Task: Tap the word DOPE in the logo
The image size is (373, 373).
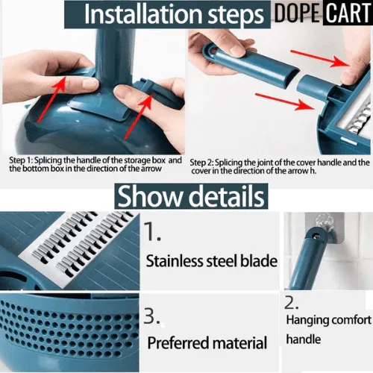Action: click(297, 13)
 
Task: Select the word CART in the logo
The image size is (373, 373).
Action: click(348, 13)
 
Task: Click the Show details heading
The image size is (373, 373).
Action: click(191, 196)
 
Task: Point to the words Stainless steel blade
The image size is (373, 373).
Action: click(212, 261)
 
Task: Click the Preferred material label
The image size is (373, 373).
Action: click(207, 343)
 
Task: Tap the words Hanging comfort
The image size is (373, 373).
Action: click(328, 320)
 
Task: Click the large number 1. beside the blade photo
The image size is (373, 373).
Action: click(152, 231)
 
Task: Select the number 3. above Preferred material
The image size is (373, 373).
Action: click(151, 316)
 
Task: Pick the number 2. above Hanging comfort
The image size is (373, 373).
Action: click(291, 303)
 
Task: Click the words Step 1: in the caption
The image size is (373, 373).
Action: click(21, 160)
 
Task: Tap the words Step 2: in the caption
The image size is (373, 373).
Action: click(201, 163)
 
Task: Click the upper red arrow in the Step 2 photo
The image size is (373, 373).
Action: click(320, 58)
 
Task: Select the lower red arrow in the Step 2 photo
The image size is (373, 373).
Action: click(285, 101)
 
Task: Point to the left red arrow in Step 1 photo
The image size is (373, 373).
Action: click(51, 99)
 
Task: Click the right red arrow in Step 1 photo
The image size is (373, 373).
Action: click(139, 117)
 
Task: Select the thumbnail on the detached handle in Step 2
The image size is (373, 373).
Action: click(238, 50)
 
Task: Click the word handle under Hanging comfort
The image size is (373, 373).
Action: click(304, 339)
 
